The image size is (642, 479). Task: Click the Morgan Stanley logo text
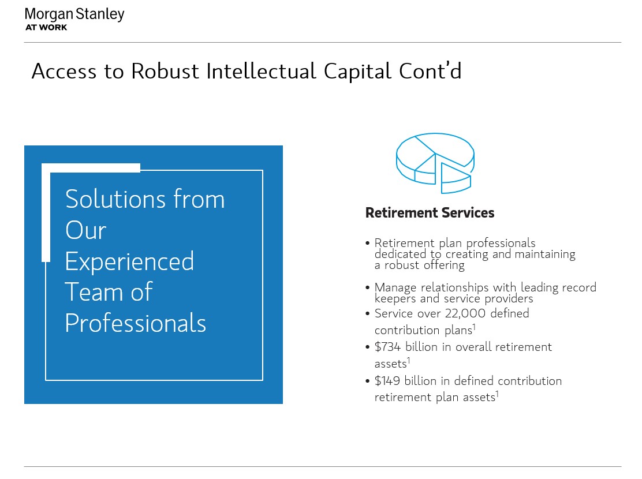[x=74, y=15]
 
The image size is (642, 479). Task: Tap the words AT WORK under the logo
[x=46, y=28]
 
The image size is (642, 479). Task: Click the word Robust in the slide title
[x=165, y=71]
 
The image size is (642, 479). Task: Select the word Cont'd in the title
[x=430, y=70]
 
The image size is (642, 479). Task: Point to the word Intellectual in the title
[x=261, y=71]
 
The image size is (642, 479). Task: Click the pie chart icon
[x=435, y=163]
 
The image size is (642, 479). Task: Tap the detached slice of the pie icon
[x=456, y=178]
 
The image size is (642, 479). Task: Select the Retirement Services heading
[x=430, y=213]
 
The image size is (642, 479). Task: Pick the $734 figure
[x=387, y=347]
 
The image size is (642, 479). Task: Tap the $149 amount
[x=387, y=381]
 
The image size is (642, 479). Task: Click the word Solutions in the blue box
[x=115, y=199]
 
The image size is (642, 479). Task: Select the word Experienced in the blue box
[x=129, y=261]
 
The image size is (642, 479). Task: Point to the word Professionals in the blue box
[x=136, y=323]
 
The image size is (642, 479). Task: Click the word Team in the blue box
[x=94, y=292]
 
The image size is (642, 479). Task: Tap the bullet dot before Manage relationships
[x=368, y=287]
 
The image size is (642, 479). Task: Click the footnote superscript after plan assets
[x=497, y=394]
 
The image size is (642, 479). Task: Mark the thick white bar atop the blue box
[x=91, y=168]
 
